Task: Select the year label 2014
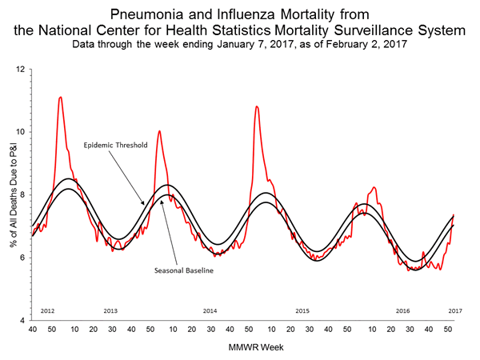(210, 310)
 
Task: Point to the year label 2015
(302, 310)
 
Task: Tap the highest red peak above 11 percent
(61, 98)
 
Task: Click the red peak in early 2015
(257, 106)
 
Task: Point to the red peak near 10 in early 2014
(159, 131)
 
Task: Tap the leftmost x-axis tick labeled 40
(32, 330)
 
